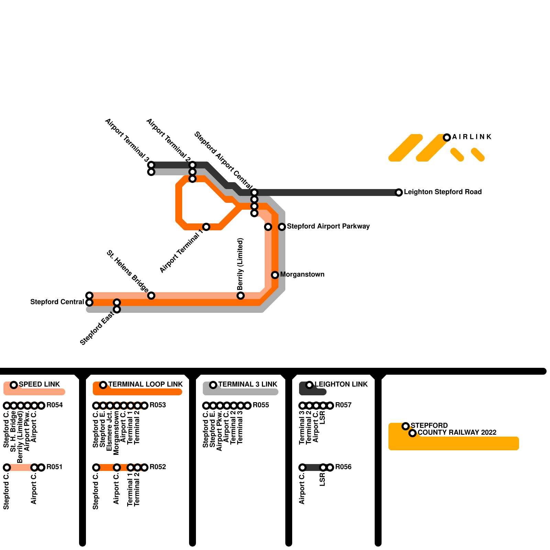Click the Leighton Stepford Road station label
[443, 192]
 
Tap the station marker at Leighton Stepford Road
[399, 192]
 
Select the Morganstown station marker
[275, 275]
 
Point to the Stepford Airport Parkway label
[328, 227]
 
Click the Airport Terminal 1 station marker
[206, 227]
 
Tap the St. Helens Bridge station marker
[151, 296]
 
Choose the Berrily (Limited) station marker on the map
[241, 296]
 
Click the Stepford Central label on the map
[57, 302]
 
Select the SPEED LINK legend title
[39, 384]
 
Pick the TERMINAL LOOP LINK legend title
[145, 384]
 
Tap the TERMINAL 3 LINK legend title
[247, 384]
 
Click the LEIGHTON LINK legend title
[341, 384]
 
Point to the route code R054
[55, 405]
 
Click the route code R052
[158, 467]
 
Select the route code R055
[261, 405]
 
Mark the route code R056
[343, 467]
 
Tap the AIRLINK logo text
[472, 137]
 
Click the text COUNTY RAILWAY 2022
[457, 433]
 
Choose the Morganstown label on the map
[302, 275]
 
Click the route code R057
[343, 405]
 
